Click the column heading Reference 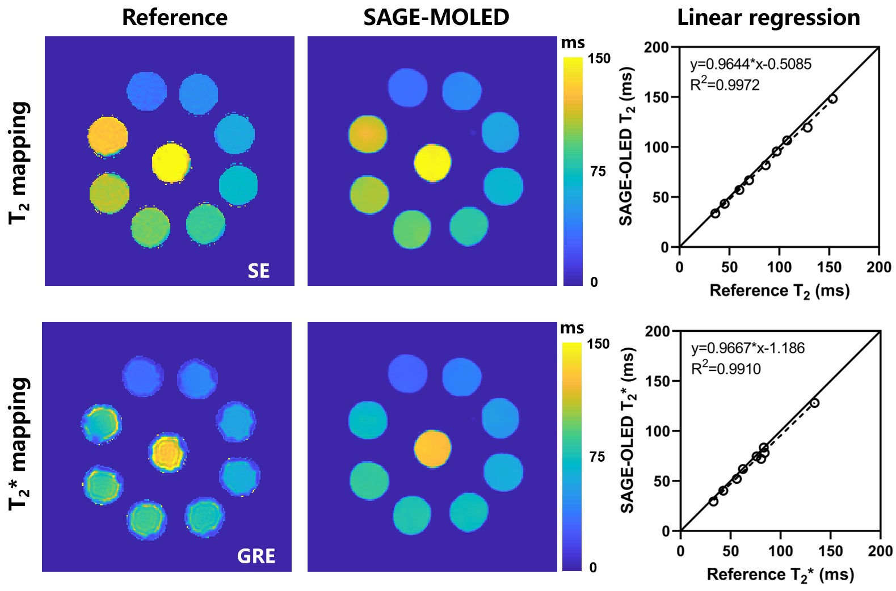[x=175, y=18]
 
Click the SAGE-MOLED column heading [x=436, y=18]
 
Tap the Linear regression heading [x=768, y=18]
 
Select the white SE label [x=259, y=271]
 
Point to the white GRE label [x=256, y=556]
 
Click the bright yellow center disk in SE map [x=171, y=163]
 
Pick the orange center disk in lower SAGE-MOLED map [x=432, y=449]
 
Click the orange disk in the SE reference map [x=108, y=136]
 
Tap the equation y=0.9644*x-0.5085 [x=751, y=65]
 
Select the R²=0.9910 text [x=726, y=368]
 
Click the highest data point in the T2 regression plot [x=833, y=99]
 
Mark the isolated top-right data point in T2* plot [x=815, y=403]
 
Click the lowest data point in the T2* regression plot [x=713, y=501]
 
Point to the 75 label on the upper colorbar [x=598, y=171]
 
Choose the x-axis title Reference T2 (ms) [x=780, y=291]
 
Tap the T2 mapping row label [x=19, y=163]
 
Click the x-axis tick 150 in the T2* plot [x=830, y=552]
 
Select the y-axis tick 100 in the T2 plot [x=657, y=147]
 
